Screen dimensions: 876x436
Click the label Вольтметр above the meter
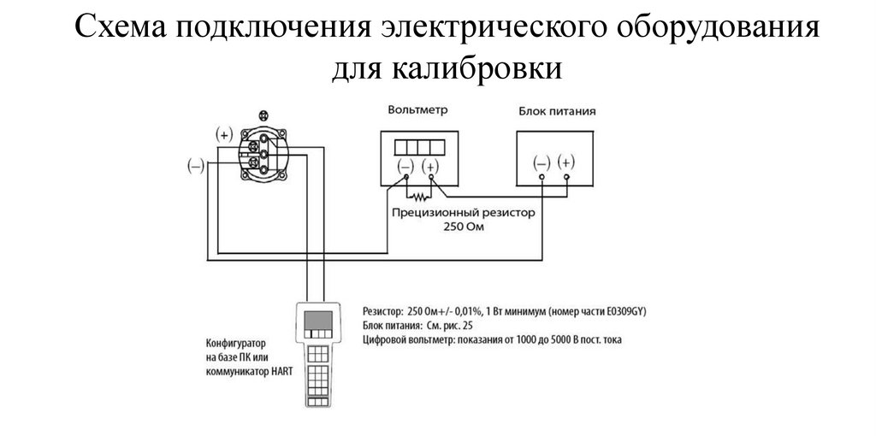point(417,110)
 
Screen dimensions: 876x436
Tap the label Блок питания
point(557,111)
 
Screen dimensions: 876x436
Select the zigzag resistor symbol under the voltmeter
point(418,197)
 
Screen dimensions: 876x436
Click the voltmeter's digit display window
point(419,147)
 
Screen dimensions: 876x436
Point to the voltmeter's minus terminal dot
point(406,177)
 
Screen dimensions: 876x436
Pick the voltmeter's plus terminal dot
point(432,177)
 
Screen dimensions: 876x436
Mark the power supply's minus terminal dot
point(542,178)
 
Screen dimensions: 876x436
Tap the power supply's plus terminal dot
point(567,178)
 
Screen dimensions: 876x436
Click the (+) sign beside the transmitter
point(224,134)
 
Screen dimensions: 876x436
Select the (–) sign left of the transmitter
point(196,166)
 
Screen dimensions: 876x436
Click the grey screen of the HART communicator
point(318,321)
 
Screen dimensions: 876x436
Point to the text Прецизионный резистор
point(463,213)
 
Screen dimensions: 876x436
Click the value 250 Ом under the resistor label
point(464,227)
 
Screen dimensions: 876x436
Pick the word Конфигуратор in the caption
point(235,343)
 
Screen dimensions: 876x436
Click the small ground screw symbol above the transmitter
point(263,116)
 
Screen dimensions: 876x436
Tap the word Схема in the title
point(120,27)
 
